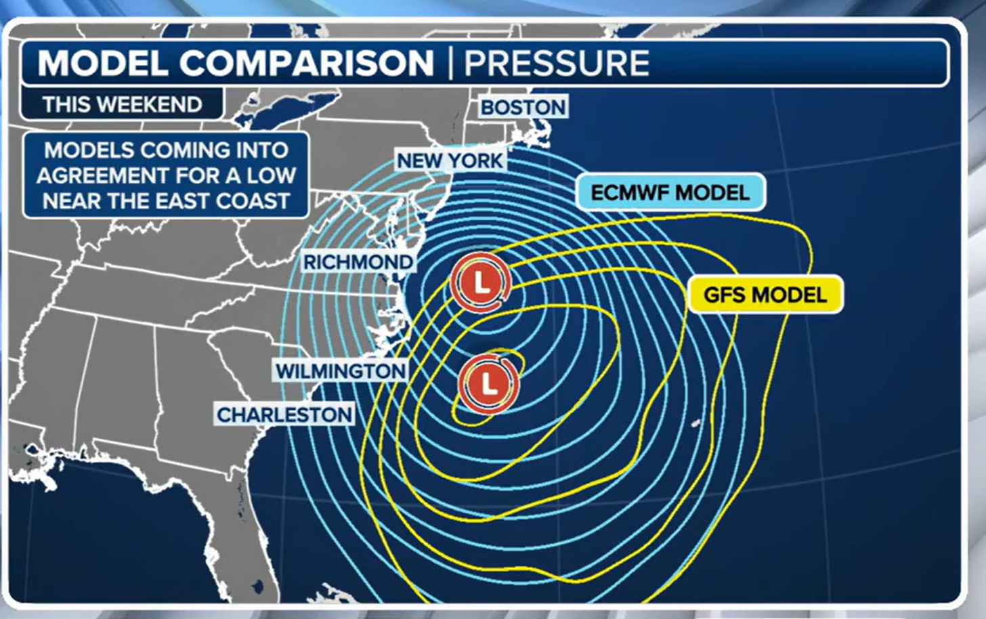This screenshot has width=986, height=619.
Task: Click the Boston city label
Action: (x=523, y=107)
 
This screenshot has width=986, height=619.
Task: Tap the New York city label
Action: (x=450, y=161)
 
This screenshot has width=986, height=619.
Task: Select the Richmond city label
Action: (x=358, y=262)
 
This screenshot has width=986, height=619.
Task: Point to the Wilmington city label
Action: (x=341, y=371)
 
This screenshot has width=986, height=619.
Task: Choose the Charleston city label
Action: (x=284, y=414)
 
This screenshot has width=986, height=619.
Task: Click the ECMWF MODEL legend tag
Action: (x=670, y=192)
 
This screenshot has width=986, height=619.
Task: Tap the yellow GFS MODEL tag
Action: (x=765, y=295)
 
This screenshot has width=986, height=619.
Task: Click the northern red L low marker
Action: (x=480, y=282)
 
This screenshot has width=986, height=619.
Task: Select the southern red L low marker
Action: (x=488, y=384)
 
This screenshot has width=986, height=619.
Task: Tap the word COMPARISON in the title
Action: (x=306, y=63)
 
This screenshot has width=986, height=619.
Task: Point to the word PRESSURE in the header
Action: (x=557, y=63)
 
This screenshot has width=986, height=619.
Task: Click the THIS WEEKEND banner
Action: (x=122, y=104)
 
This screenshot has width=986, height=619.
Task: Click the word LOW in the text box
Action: (x=271, y=175)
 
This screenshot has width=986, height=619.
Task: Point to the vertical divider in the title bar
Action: (x=450, y=63)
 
